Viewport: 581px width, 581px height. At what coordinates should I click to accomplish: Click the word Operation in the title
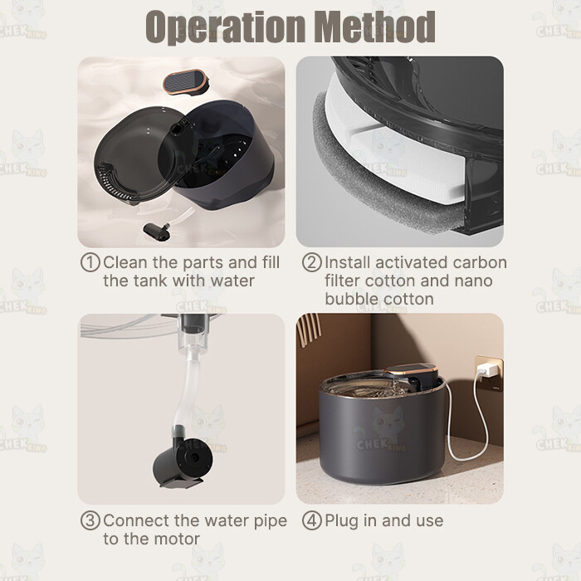pyautogui.click(x=225, y=27)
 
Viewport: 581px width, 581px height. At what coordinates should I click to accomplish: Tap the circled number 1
pyautogui.click(x=90, y=262)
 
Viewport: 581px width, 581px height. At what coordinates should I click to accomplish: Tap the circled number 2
pyautogui.click(x=311, y=262)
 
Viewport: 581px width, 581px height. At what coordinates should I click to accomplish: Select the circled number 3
pyautogui.click(x=90, y=520)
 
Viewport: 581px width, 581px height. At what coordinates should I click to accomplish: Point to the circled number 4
pyautogui.click(x=311, y=520)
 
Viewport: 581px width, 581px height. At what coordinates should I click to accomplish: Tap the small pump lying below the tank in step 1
pyautogui.click(x=156, y=229)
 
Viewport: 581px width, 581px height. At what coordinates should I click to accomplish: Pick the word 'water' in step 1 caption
pyautogui.click(x=232, y=281)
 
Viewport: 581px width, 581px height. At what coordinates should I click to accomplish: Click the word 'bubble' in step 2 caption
pyautogui.click(x=349, y=299)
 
